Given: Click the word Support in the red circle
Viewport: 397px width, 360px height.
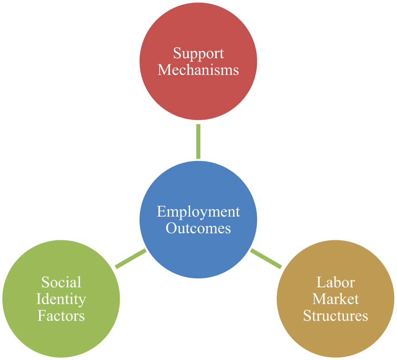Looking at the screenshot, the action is click(x=198, y=54).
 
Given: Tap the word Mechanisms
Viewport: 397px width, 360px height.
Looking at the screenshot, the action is click(x=198, y=70).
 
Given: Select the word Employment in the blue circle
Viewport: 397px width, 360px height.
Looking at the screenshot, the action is click(x=198, y=212).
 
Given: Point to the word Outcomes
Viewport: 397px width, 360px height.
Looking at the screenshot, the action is click(x=198, y=228).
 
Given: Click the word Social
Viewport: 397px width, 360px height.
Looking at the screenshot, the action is click(x=61, y=282).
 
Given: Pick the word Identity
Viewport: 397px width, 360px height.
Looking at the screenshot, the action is click(x=61, y=300).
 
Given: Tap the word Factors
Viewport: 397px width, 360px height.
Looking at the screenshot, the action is click(x=61, y=316).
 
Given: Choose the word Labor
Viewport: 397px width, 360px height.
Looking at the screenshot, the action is click(x=335, y=282).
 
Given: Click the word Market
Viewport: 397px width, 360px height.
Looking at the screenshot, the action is click(x=335, y=299).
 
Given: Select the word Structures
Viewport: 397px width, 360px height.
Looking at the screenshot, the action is click(x=335, y=316).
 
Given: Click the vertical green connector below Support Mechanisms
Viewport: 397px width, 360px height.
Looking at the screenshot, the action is click(x=198, y=142).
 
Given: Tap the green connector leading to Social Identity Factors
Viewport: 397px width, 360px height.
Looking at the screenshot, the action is click(x=130, y=258).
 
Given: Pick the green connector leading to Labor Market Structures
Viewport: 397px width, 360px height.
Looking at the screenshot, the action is click(x=266, y=258).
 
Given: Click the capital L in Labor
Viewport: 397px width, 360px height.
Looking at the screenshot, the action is click(x=322, y=282).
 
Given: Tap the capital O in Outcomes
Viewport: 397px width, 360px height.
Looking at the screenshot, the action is click(x=171, y=228).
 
